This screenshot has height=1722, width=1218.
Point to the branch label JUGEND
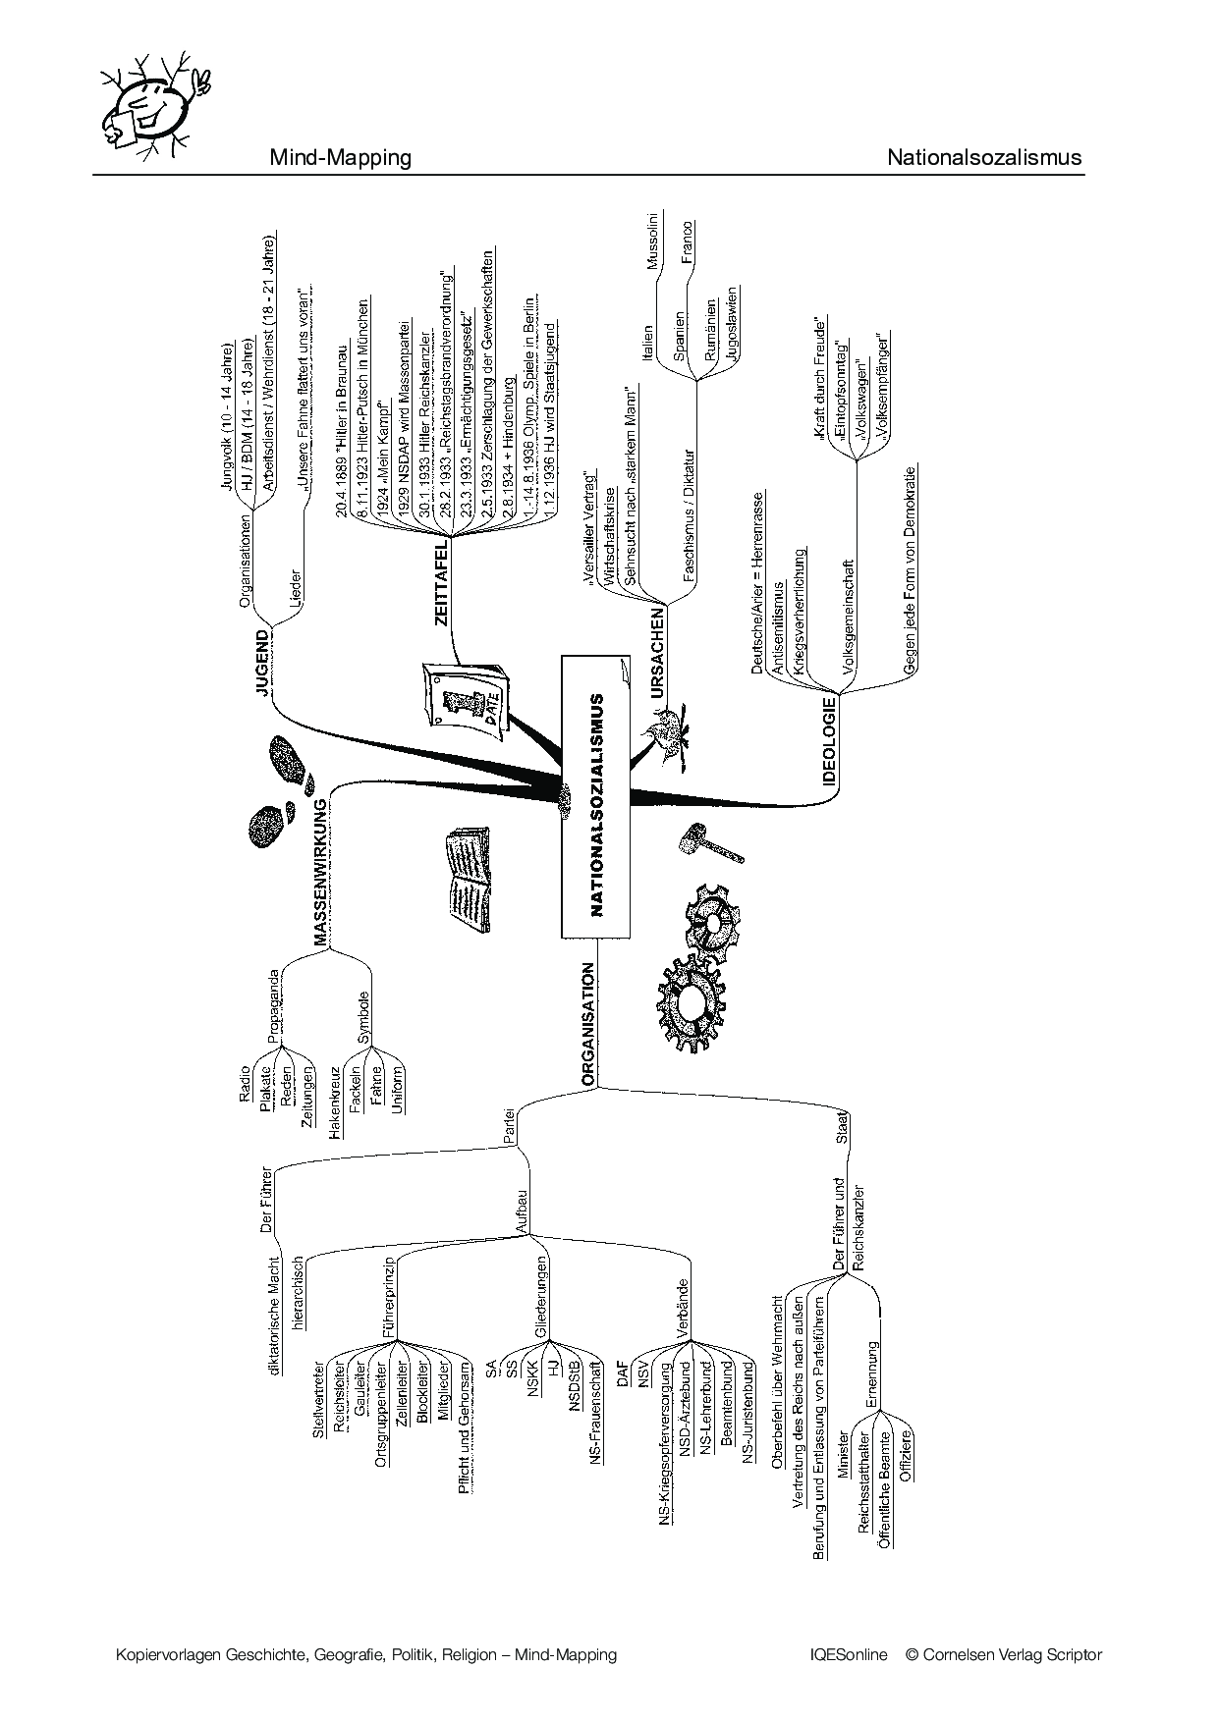(262, 664)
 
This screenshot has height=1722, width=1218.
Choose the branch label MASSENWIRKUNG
(320, 873)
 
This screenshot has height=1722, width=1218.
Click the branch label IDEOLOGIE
(829, 742)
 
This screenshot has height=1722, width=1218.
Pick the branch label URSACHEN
(657, 653)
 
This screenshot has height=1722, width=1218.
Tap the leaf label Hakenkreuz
(335, 1099)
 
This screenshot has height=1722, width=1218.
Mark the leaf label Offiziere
(906, 1456)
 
